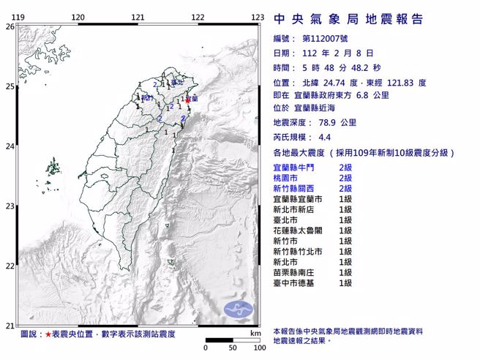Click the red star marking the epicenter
[x=188, y=100]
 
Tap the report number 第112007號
[x=326, y=39]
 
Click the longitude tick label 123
[x=257, y=17]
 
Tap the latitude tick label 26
[x=10, y=26]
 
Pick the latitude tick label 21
[x=10, y=325]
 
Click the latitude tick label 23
[x=10, y=206]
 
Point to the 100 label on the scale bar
[x=258, y=348]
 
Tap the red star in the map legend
[x=48, y=334]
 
